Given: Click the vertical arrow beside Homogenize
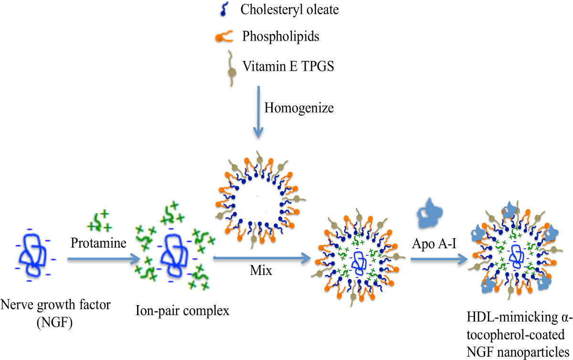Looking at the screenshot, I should [258, 110].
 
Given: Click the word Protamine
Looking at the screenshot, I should [98, 244].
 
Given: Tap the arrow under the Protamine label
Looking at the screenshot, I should [101, 259].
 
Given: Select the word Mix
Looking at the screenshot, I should [261, 271].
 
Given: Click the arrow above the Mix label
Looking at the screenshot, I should [260, 258].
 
